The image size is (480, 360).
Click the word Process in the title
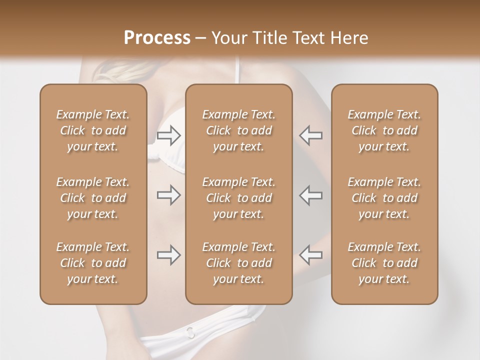pyautogui.click(x=157, y=38)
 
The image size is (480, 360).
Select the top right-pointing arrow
pyautogui.click(x=168, y=135)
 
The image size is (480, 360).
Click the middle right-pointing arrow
pyautogui.click(x=168, y=195)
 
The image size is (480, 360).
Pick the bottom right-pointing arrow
pyautogui.click(x=168, y=254)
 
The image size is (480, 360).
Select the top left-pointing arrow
pyautogui.click(x=311, y=135)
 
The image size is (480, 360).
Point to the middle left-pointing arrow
pyautogui.click(x=311, y=195)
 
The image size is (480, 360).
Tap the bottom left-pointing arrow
pyautogui.click(x=311, y=254)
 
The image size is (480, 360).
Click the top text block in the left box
pyautogui.click(x=93, y=130)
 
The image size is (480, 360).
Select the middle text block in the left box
pyautogui.click(x=93, y=198)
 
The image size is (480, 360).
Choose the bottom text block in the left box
pyautogui.click(x=93, y=263)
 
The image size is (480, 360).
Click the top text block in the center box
pyautogui.click(x=239, y=130)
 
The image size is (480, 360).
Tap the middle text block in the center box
pyautogui.click(x=239, y=198)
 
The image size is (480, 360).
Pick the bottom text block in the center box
pyautogui.click(x=239, y=263)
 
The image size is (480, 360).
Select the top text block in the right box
pyautogui.click(x=384, y=130)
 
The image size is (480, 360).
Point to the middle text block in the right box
pyautogui.click(x=384, y=198)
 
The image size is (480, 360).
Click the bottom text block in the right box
pyautogui.click(x=384, y=263)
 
